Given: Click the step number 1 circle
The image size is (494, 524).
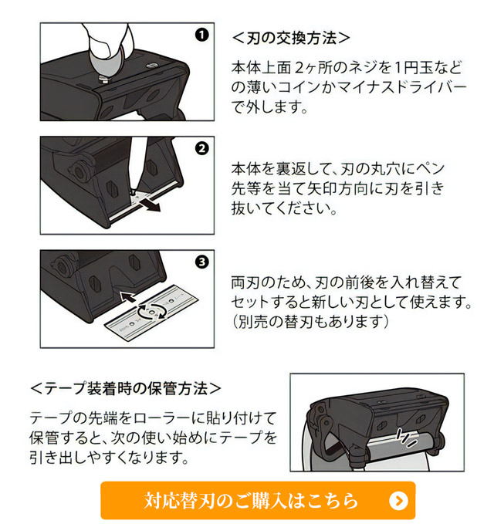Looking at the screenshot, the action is [202, 35].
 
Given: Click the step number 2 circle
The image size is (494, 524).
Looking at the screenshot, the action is [202, 148].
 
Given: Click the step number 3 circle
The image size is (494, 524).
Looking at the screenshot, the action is [202, 262].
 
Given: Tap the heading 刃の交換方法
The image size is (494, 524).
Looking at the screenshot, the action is [291, 38].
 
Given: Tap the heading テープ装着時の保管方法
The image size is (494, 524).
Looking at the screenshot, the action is [126, 389].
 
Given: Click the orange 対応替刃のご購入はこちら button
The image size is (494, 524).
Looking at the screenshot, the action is [258, 500].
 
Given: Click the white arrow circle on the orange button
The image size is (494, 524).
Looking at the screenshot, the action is [398, 501].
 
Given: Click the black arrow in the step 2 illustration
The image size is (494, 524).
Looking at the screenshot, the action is [149, 204].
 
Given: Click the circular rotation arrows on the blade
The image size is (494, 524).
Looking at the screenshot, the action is [152, 312].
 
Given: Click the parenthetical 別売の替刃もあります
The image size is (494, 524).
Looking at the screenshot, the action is [310, 322].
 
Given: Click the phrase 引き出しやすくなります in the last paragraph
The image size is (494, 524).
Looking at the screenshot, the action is [108, 457].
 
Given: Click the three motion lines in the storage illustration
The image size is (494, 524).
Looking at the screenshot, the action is [405, 438].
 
